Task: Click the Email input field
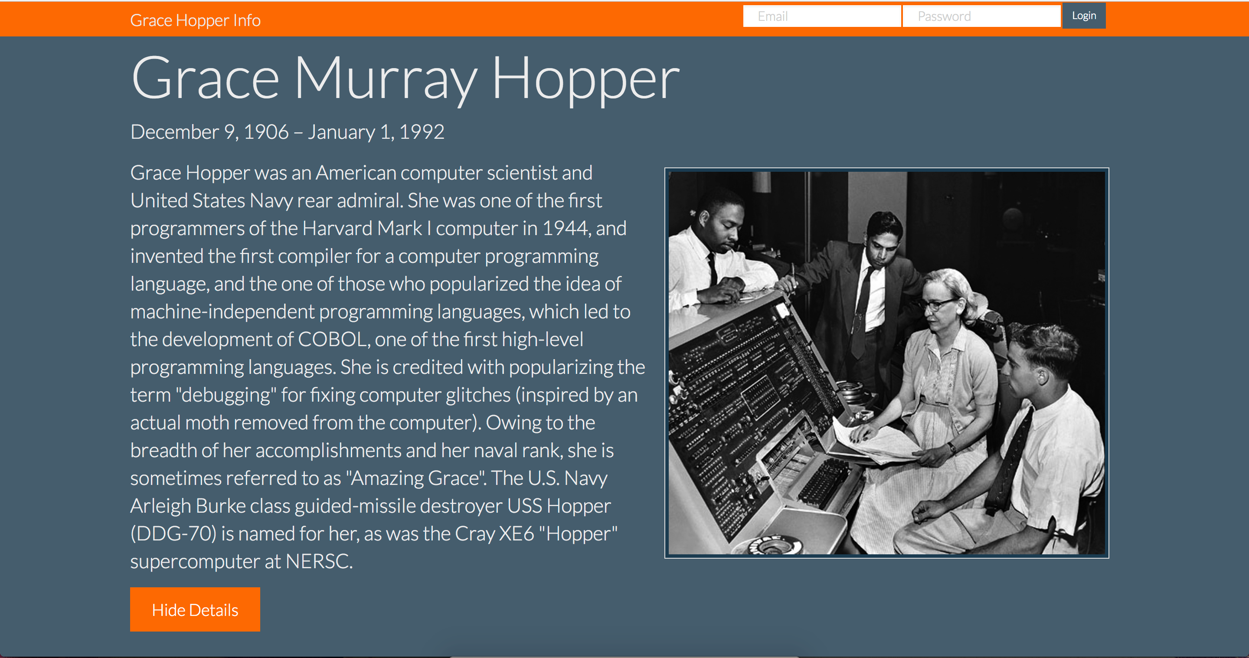(822, 16)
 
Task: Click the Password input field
(981, 16)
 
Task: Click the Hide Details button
(195, 609)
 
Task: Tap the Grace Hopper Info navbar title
(196, 20)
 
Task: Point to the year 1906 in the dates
(266, 132)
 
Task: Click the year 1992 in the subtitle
(422, 132)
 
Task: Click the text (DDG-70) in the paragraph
(173, 534)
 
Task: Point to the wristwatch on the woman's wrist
(952, 448)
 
